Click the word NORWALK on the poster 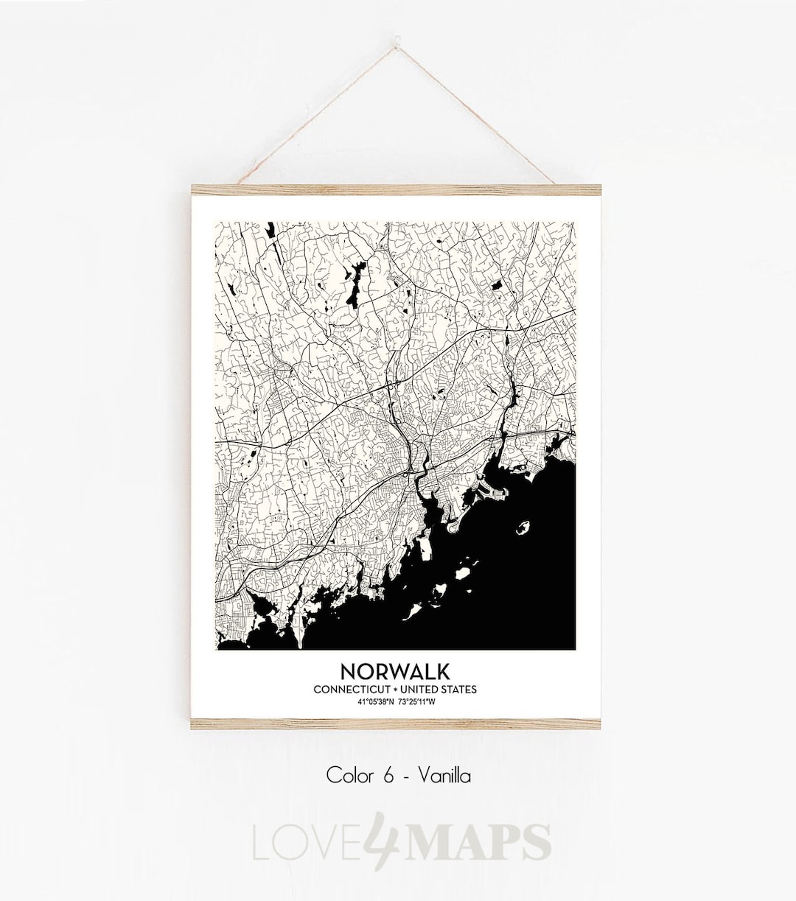[x=395, y=671]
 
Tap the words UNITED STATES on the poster [x=440, y=690]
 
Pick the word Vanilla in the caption [x=444, y=776]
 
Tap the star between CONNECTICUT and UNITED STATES [x=395, y=690]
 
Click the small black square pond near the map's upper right [x=497, y=284]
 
